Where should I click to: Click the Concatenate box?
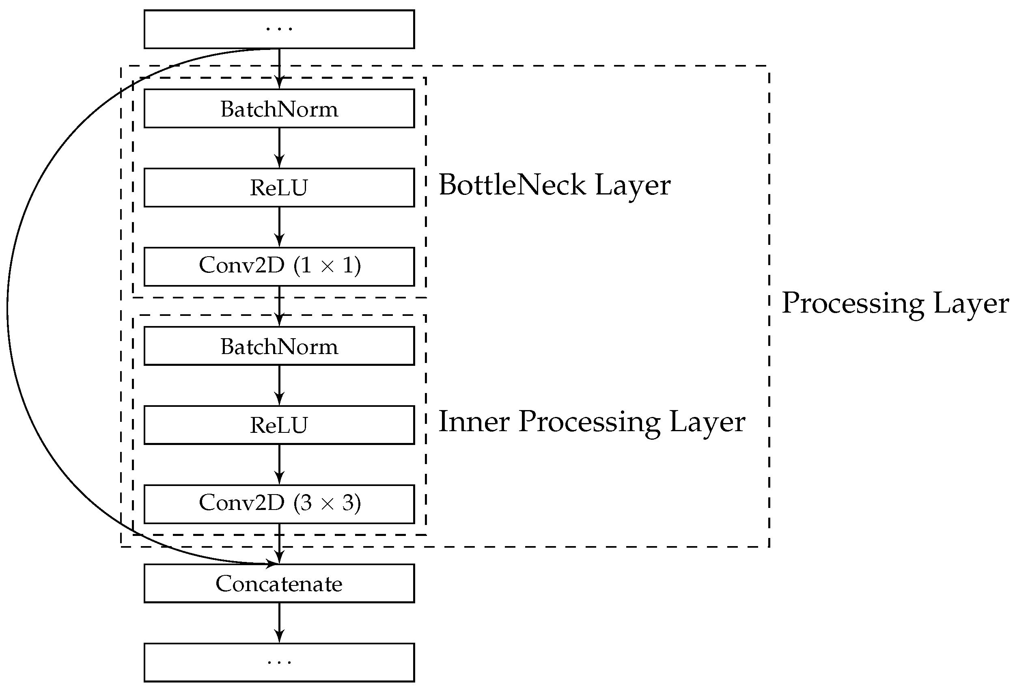point(279,583)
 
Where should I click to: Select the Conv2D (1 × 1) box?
point(279,266)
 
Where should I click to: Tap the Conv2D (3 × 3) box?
point(279,504)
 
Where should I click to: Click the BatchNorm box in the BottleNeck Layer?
point(279,108)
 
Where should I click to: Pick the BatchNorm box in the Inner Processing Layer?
point(279,346)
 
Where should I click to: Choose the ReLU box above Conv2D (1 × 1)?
point(279,188)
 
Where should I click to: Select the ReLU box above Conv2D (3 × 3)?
point(279,425)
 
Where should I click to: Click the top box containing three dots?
point(279,29)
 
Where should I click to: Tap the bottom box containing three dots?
point(279,662)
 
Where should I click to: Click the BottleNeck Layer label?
point(554,185)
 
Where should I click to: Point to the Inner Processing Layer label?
point(591,423)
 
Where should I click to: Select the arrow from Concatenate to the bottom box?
point(279,622)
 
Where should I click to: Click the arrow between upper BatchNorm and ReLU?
point(279,148)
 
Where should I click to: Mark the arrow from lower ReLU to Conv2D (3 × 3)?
point(279,464)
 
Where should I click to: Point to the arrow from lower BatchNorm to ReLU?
point(279,385)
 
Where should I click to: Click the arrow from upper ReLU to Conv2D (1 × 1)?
point(279,227)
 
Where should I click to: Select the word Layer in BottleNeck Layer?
point(632,185)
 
